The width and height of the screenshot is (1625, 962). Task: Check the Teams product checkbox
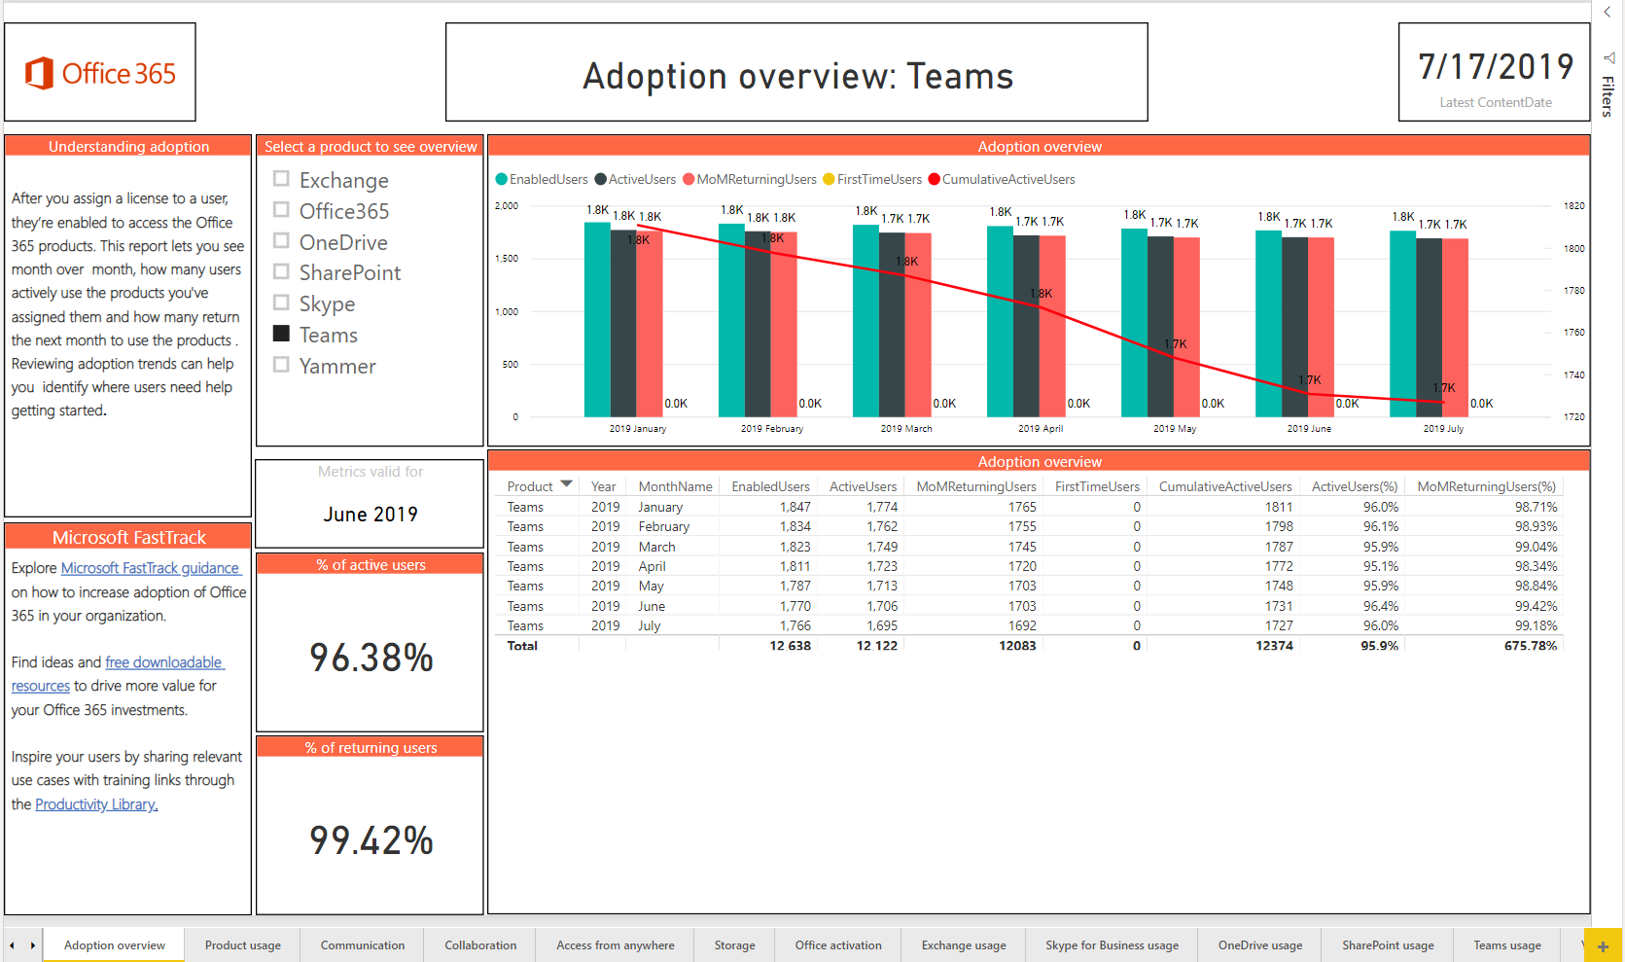282,334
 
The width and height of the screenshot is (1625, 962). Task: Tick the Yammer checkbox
282,365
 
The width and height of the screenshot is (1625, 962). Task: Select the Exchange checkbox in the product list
282,179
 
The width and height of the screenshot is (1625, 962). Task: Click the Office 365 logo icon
39,73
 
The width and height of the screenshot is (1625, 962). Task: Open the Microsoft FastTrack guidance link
151,568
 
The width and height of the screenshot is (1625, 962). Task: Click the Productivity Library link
96,804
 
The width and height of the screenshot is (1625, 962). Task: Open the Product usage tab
242,945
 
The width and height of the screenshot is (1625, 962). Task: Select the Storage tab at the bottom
734,945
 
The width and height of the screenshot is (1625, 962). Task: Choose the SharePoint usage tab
1388,945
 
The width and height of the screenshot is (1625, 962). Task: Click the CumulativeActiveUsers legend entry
1007,179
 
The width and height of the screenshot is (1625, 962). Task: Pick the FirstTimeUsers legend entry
878,179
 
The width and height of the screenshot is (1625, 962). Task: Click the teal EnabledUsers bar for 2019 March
865,321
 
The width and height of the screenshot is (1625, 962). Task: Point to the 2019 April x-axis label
1040,428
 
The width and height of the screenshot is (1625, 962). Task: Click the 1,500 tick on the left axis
506,259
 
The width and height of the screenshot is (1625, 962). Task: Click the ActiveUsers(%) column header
1354,486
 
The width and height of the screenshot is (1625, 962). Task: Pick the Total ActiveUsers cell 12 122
876,646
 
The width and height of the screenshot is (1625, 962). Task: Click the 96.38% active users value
371,659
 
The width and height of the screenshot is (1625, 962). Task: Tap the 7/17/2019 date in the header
1495,67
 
